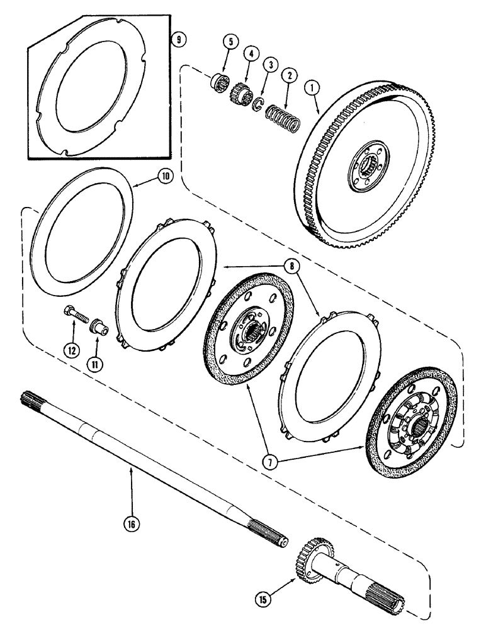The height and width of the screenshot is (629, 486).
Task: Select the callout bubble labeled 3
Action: point(270,65)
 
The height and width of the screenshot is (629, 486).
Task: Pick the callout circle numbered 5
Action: point(230,42)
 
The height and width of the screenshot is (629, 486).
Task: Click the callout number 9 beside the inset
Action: point(179,39)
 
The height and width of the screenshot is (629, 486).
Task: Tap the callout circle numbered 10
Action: point(164,177)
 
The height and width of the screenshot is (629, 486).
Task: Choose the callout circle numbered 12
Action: point(74,350)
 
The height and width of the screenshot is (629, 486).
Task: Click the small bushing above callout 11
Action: point(98,328)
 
